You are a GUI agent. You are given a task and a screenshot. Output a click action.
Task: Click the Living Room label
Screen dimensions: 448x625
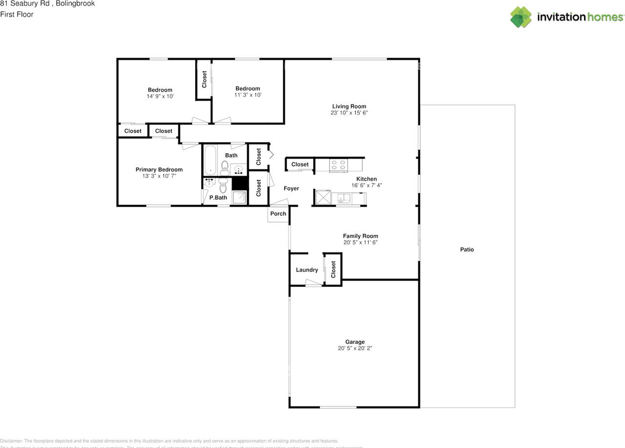coord(349,106)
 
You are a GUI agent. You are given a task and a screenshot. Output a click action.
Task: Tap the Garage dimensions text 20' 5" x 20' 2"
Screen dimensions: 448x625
coord(355,348)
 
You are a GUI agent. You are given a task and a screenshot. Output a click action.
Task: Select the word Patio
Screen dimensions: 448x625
coord(467,249)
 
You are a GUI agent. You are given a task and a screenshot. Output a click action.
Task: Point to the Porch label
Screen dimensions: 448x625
coord(278,214)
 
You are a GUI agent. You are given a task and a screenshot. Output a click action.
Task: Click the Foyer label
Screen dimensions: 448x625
coord(291,188)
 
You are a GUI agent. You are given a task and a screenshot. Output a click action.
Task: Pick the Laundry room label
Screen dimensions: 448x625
coord(307,270)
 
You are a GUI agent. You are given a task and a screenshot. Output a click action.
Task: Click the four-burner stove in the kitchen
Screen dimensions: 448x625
coord(339,165)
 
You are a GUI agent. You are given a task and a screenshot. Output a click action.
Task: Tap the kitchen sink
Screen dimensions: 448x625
coord(344,198)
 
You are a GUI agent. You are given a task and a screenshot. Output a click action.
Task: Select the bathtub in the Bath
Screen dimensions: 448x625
coord(210,160)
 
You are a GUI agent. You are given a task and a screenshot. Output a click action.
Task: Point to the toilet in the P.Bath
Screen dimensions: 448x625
coord(223,184)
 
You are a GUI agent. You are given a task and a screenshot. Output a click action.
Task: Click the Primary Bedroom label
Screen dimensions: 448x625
coord(159,170)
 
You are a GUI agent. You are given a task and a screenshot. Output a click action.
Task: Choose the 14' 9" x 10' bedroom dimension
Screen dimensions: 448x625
coord(160,96)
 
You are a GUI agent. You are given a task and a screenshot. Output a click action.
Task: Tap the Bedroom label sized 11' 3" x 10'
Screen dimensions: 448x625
coord(248,88)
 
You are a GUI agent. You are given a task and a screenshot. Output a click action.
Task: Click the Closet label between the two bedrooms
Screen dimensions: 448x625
coord(204,80)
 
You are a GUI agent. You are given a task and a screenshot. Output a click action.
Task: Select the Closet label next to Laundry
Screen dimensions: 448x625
coord(333,269)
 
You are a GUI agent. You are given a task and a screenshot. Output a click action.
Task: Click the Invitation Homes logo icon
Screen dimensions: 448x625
coord(521,17)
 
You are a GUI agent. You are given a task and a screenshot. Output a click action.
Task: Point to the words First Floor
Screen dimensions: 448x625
coord(17,14)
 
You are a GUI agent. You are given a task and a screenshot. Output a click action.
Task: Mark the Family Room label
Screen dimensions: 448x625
coord(360,236)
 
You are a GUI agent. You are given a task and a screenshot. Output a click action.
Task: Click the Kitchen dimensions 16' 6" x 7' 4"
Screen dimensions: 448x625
coord(366,185)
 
